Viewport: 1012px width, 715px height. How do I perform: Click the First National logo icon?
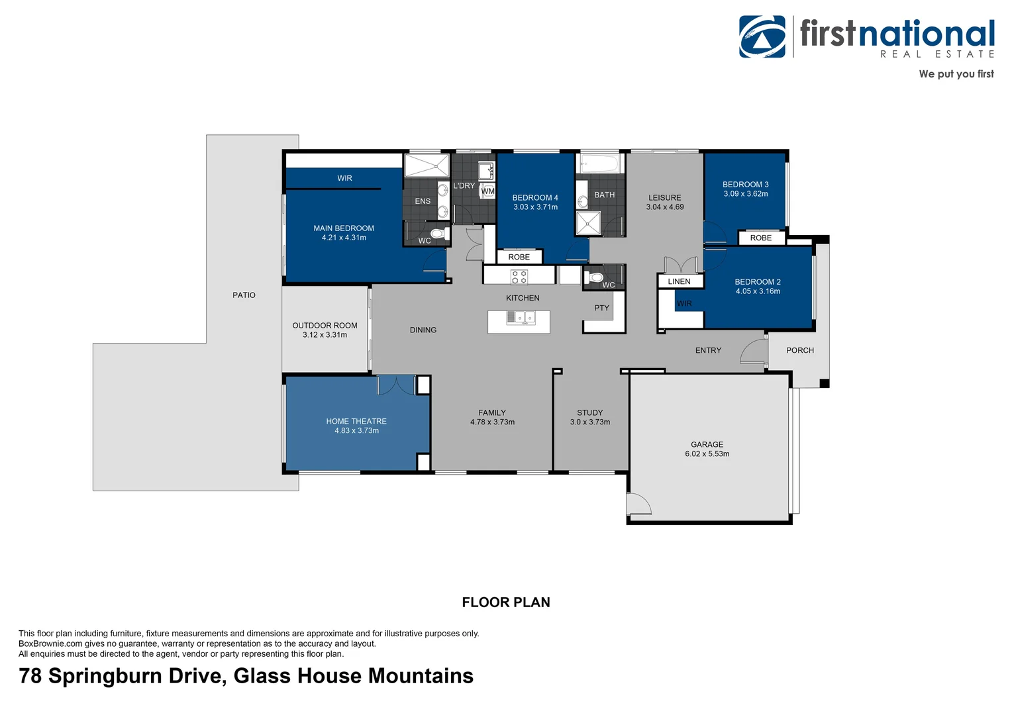[762, 37]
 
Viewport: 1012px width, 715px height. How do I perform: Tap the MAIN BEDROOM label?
[344, 228]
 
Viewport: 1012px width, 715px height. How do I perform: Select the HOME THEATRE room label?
[356, 422]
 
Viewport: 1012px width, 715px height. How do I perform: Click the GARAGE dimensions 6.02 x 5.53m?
[707, 454]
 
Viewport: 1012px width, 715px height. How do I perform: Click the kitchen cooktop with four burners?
[519, 277]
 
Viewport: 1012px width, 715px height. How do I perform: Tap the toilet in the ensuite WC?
[437, 234]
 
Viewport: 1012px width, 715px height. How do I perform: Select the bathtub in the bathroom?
[599, 163]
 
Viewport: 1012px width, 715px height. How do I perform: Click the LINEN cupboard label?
[679, 282]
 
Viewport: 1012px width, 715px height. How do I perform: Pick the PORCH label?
[799, 351]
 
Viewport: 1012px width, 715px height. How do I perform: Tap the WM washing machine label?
[488, 191]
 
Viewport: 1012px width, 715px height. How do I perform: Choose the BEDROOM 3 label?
[745, 185]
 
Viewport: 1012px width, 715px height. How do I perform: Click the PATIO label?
[244, 295]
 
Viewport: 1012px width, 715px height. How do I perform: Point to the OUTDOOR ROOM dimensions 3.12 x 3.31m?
[325, 335]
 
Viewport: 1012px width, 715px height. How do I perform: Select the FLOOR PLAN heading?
[506, 602]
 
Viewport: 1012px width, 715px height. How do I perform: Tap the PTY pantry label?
[601, 309]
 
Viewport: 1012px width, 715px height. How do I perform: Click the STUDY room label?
[589, 413]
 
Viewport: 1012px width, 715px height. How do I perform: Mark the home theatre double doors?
[396, 385]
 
